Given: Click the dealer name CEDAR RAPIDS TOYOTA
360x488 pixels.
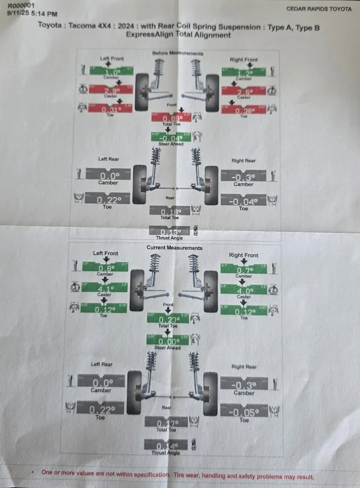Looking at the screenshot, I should tap(318, 8).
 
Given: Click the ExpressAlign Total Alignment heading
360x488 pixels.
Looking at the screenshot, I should tap(178, 35).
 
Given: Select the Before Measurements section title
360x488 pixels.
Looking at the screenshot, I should tap(177, 53).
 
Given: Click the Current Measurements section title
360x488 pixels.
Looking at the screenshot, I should tap(174, 248).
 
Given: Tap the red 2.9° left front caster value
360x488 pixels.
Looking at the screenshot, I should tap(111, 90).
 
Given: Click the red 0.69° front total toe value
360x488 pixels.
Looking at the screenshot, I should tap(173, 118).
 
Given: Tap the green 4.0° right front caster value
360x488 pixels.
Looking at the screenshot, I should tap(243, 290).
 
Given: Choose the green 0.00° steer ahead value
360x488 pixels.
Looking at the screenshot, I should tap(169, 340).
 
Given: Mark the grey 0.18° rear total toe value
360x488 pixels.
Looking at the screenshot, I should tap(170, 211).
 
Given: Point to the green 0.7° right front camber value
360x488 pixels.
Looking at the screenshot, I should tap(243, 269).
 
